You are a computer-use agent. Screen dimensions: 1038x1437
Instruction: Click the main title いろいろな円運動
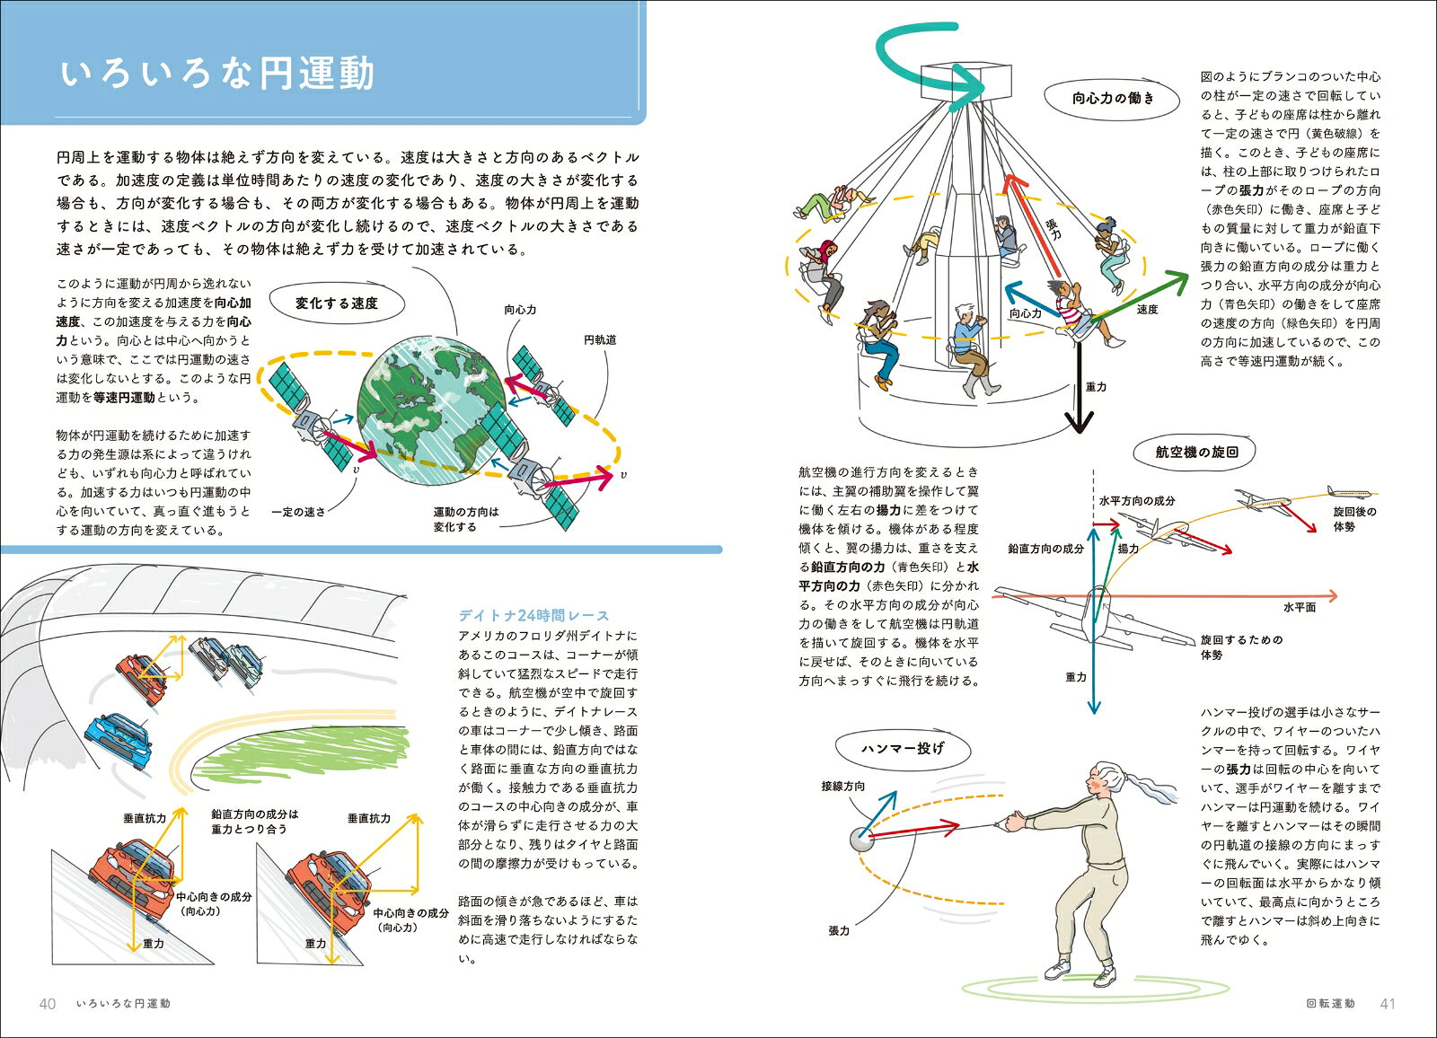coord(217,75)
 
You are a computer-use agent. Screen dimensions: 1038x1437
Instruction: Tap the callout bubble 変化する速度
coord(337,303)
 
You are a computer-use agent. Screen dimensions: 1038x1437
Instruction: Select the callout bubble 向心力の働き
coord(1113,99)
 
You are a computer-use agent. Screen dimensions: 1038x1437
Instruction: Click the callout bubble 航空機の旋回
coord(1196,452)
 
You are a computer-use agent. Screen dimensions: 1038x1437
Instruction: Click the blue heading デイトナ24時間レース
coord(533,616)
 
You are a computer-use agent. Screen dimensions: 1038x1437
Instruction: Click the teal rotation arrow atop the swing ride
coord(924,58)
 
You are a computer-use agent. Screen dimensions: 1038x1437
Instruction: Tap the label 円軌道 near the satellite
coord(600,340)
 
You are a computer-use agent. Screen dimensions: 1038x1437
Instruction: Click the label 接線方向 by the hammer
coord(843,786)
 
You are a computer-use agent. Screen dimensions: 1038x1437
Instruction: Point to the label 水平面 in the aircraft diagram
coord(1299,608)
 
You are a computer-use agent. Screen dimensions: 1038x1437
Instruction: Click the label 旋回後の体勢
coord(1354,519)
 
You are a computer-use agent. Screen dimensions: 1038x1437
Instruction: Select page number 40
coord(48,1004)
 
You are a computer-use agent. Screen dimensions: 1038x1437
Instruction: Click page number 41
coord(1388,1004)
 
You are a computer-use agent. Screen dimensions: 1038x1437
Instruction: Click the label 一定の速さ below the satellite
coord(298,512)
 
